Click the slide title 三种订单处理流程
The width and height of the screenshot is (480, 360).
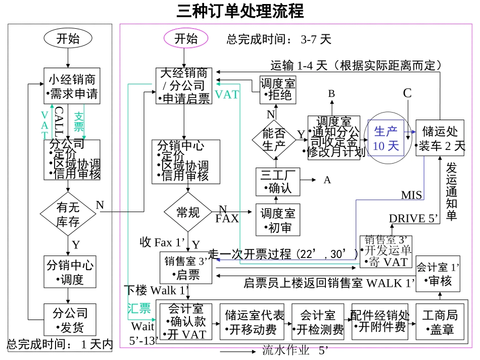click(x=240, y=11)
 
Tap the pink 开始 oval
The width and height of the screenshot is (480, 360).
click(x=186, y=38)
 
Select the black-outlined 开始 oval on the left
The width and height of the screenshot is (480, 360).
click(x=68, y=38)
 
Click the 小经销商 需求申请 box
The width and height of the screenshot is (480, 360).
click(x=72, y=86)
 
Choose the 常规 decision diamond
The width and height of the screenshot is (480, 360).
click(x=188, y=213)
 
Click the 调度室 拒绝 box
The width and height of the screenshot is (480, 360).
click(x=278, y=89)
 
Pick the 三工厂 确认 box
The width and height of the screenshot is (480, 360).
click(x=277, y=182)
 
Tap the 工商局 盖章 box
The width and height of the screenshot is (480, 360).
click(x=439, y=322)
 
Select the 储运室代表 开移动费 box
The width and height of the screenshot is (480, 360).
click(x=255, y=322)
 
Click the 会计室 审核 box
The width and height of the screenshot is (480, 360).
click(x=438, y=274)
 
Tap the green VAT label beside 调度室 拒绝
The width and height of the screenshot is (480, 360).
click(x=227, y=95)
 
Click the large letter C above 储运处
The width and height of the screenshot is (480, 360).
click(x=407, y=93)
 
